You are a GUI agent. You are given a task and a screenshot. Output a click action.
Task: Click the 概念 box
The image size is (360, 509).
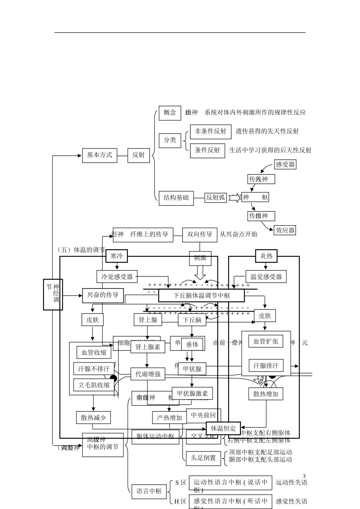click(x=170, y=113)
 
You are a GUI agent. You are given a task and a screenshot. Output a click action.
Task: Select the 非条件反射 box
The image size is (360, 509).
click(x=210, y=131)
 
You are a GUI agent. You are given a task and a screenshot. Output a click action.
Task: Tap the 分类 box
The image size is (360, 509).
click(x=170, y=140)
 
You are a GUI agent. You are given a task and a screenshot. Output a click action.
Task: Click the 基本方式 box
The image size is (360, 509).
click(x=100, y=155)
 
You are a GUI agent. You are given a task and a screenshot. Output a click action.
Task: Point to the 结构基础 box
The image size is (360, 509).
click(x=176, y=198)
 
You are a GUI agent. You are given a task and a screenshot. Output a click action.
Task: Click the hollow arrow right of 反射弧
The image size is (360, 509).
click(x=235, y=198)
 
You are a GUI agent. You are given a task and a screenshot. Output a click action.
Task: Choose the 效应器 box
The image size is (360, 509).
click(x=285, y=230)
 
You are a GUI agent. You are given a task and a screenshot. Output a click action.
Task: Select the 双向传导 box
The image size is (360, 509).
click(x=200, y=234)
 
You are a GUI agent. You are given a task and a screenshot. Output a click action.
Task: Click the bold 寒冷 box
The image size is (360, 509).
click(x=117, y=256)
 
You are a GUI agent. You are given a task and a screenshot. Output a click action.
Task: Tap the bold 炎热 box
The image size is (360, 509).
click(x=266, y=256)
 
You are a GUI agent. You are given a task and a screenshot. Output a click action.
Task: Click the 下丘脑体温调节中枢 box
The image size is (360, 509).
click(x=201, y=295)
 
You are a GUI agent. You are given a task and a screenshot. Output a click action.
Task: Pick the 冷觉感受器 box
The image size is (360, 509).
click(x=117, y=277)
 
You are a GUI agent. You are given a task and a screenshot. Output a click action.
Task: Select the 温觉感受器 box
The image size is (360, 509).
click(x=266, y=277)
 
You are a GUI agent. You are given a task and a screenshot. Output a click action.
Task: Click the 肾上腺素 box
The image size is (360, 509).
click(x=148, y=347)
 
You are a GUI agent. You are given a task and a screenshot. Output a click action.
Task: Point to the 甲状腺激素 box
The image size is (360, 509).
click(x=192, y=393)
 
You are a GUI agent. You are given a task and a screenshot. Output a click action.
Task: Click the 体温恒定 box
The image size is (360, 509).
click(x=223, y=428)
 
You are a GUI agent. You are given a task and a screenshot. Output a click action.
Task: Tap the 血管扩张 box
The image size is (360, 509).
click(x=266, y=342)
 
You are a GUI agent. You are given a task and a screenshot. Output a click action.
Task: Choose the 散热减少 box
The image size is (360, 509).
click(x=93, y=418)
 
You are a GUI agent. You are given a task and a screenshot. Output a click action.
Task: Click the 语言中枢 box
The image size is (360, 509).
click(x=149, y=491)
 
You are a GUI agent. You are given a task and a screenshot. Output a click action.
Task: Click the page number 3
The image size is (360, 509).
click(x=304, y=476)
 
